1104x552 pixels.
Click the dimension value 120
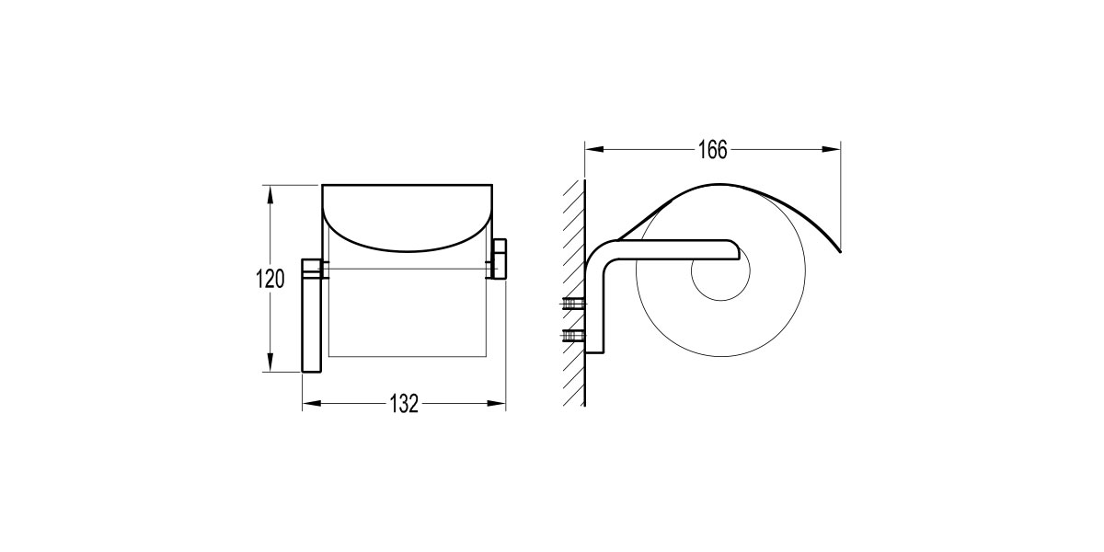270,279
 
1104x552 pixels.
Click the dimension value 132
404,404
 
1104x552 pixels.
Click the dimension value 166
713,150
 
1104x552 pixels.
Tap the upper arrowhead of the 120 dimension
270,195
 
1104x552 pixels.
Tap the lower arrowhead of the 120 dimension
270,362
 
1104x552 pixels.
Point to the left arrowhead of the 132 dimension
312,403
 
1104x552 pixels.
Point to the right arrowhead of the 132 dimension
496,403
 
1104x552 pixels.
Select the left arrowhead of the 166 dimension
594,149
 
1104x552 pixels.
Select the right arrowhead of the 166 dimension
831,149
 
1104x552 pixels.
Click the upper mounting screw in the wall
574,304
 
